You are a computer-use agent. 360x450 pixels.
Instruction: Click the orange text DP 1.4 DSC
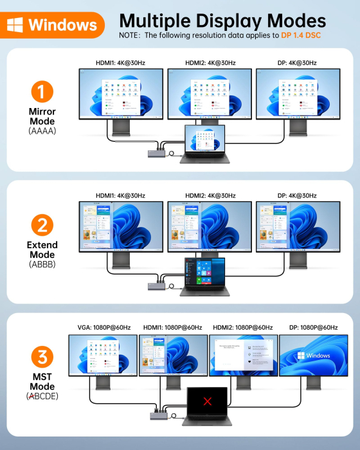(300, 35)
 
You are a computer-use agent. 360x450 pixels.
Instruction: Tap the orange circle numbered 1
(42, 93)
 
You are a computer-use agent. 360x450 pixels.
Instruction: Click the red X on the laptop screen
(207, 402)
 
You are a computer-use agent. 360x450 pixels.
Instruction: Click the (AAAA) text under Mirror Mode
(42, 130)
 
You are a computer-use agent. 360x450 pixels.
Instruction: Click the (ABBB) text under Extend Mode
(42, 264)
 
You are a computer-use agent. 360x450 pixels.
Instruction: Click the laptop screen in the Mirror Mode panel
(205, 138)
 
